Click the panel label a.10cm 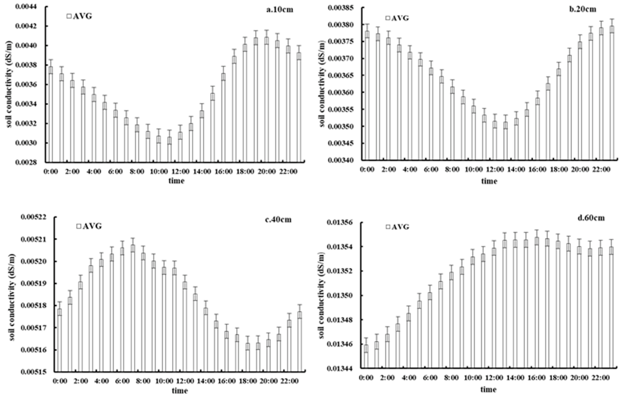(280, 10)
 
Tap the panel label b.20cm (583, 9)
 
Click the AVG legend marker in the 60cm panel (388, 227)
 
